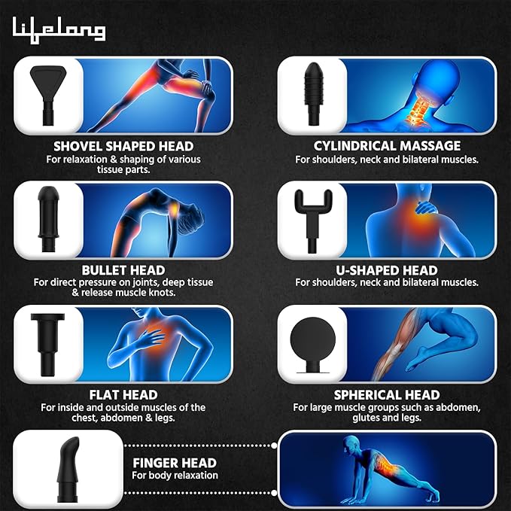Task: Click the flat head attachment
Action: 47,342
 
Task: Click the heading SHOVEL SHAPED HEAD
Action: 123,146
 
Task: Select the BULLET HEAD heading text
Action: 123,269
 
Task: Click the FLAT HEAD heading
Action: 123,394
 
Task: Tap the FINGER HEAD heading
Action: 174,463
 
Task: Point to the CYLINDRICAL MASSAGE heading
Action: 387,146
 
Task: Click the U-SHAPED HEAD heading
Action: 387,269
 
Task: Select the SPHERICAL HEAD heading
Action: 387,394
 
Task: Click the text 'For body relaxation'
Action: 175,476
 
